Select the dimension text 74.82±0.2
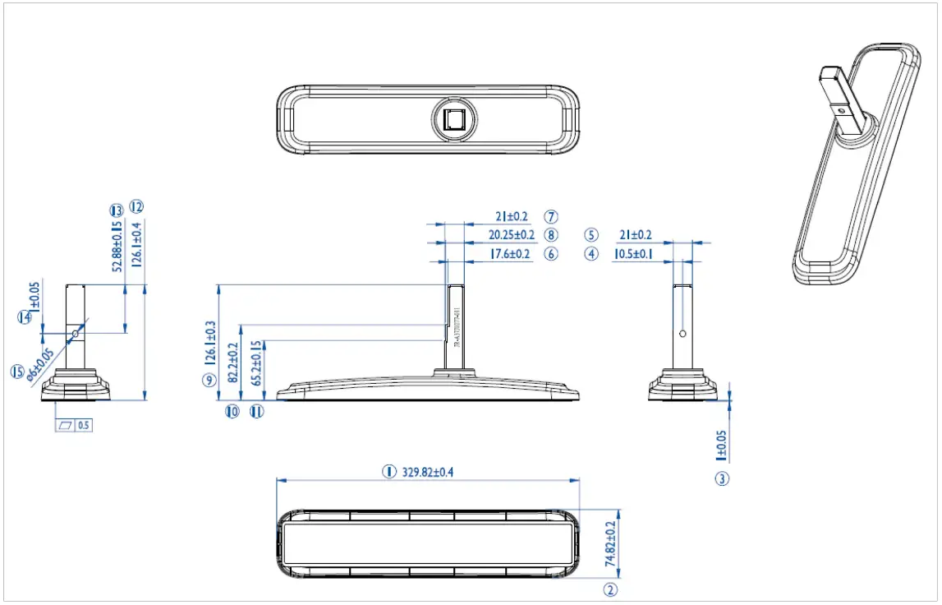(610, 542)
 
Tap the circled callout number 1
(388, 472)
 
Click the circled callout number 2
(610, 589)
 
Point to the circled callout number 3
(722, 478)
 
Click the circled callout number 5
(592, 234)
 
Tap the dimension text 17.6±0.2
(510, 255)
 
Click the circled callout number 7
(551, 217)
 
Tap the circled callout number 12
(136, 206)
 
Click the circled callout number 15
(17, 372)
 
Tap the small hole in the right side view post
(683, 334)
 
